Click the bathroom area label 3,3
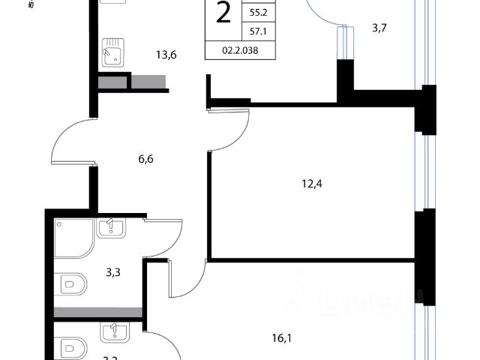[x=113, y=272]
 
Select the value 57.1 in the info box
[x=258, y=31]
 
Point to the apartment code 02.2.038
[x=238, y=51]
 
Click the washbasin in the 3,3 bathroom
[x=110, y=226]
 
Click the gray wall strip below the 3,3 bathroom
[x=97, y=311]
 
